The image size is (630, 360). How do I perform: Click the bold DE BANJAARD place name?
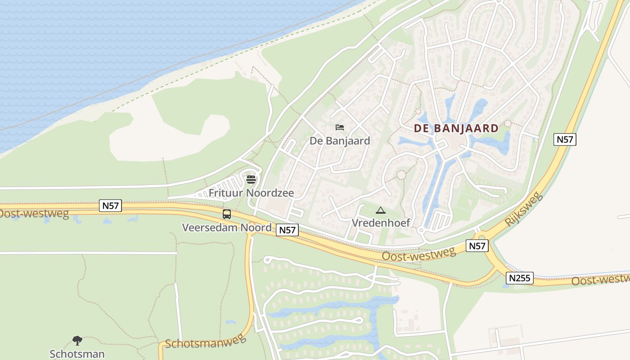click(x=456, y=128)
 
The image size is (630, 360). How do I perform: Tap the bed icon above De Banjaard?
click(x=340, y=128)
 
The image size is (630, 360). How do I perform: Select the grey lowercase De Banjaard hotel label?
click(x=340, y=141)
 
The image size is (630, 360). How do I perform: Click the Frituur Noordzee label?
click(x=251, y=193)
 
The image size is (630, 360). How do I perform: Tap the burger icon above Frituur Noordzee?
click(x=251, y=180)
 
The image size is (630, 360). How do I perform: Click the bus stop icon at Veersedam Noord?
click(x=227, y=214)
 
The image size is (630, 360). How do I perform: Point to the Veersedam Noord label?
click(x=227, y=227)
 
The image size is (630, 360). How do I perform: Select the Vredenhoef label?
click(x=381, y=223)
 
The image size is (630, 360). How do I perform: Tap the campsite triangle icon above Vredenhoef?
click(x=381, y=210)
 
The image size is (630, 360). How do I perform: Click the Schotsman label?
click(x=77, y=354)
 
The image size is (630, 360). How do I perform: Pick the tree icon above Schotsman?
click(x=77, y=341)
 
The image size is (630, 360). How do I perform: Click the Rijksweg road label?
click(x=524, y=209)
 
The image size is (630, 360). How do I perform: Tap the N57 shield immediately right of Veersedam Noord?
click(x=287, y=230)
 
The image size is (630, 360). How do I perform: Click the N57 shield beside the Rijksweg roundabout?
click(x=477, y=246)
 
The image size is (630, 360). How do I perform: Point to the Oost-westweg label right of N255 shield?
click(x=600, y=279)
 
